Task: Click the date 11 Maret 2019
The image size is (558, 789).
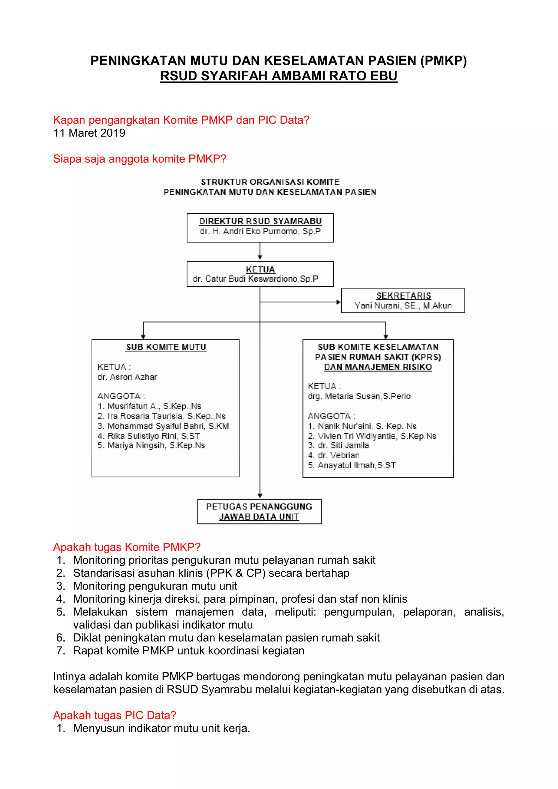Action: click(89, 133)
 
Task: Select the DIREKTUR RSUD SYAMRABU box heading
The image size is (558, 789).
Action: click(260, 221)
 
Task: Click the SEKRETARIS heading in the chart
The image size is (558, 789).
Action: click(404, 296)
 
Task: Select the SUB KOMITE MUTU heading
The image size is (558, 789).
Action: click(166, 347)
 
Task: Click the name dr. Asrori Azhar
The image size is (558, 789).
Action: click(127, 377)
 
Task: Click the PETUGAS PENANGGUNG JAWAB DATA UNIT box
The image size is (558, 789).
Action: click(259, 511)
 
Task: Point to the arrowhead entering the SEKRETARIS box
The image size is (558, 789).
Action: click(338, 302)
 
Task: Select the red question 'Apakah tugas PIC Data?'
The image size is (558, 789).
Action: click(114, 715)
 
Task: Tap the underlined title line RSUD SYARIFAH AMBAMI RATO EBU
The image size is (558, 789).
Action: click(279, 76)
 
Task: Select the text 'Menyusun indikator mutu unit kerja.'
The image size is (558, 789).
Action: click(162, 728)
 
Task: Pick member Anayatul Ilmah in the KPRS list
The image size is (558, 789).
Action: click(356, 465)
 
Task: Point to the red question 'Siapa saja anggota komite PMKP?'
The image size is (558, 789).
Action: click(139, 159)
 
